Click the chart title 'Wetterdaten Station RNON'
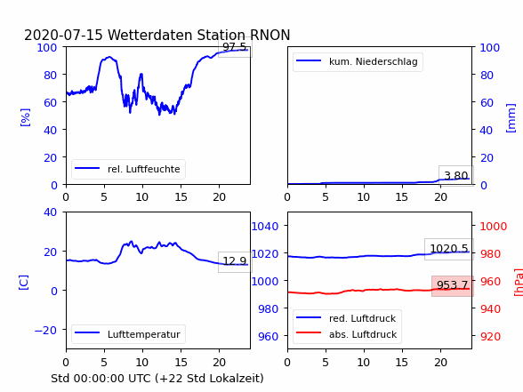click(199, 35)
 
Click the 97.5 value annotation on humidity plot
click(235, 47)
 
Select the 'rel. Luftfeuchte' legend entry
click(128, 169)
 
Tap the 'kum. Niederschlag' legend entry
click(358, 61)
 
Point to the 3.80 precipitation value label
click(456, 175)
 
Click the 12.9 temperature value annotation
click(235, 261)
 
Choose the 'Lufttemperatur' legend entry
click(128, 334)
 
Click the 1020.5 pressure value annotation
click(449, 249)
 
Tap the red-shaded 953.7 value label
click(452, 285)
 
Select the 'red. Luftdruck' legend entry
click(347, 318)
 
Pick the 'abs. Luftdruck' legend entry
click(347, 334)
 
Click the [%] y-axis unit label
click(25, 117)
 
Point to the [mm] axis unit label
click(511, 118)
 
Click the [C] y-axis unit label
click(23, 283)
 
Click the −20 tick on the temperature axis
click(45, 331)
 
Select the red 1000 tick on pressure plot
click(494, 227)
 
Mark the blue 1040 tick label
click(265, 227)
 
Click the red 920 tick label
click(490, 336)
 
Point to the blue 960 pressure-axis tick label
click(269, 336)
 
